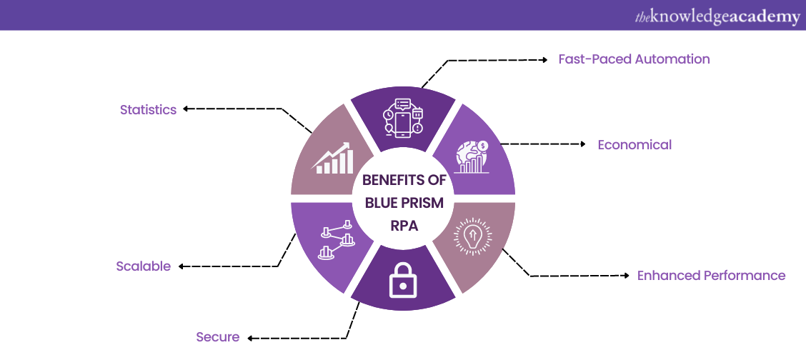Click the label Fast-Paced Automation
pos(634,59)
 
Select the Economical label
pos(635,145)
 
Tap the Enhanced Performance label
pos(711,276)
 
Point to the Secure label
pos(218,337)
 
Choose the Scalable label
pos(144,266)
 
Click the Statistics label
pos(148,110)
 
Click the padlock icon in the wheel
pos(402,282)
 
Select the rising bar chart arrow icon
pos(332,159)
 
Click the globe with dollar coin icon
pos(472,158)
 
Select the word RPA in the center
pos(404,225)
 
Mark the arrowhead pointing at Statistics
pos(185,109)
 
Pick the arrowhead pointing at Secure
pos(250,337)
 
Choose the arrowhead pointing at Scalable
pos(181,266)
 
